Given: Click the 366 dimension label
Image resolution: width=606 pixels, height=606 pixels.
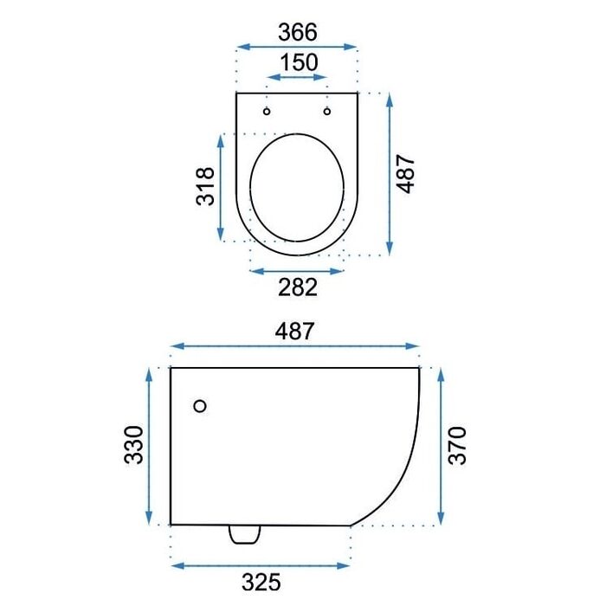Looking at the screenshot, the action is (x=298, y=32).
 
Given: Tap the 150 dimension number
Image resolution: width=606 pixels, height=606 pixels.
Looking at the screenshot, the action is (x=299, y=62).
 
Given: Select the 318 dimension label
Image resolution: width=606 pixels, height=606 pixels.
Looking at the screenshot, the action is (x=205, y=187).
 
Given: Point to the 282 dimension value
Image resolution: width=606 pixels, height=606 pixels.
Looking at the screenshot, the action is (x=298, y=287).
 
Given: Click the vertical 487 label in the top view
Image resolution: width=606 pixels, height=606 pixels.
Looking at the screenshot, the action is (x=406, y=173).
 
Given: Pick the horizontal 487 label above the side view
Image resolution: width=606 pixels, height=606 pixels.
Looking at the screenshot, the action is (x=294, y=332).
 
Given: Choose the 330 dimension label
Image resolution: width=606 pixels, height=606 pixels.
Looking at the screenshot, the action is (x=133, y=444).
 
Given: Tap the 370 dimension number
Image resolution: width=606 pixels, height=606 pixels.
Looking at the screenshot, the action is (x=457, y=445).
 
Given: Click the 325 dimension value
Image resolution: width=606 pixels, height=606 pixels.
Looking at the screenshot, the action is (x=261, y=582).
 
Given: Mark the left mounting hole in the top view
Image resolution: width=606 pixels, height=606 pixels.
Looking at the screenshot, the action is (x=267, y=112).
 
